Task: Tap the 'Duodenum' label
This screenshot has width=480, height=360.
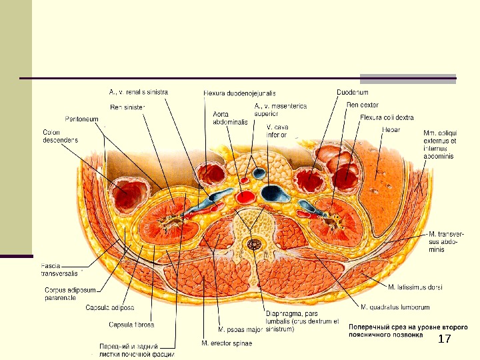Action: pos(352,91)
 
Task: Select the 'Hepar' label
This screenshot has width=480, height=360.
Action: pos(391,129)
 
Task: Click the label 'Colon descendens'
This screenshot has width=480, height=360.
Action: pos(60,136)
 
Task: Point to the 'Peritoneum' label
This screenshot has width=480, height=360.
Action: pos(82,119)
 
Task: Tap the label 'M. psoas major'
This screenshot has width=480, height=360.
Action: pos(239,329)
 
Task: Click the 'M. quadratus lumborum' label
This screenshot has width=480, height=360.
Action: pos(395,307)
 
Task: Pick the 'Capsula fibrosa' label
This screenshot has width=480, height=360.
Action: pos(131,325)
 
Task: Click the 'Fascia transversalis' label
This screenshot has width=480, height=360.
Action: pos(59,268)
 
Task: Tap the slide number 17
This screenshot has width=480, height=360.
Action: pos(444,340)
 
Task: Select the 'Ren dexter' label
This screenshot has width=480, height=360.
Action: pos(363,104)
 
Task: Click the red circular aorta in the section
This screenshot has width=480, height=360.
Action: pos(246,196)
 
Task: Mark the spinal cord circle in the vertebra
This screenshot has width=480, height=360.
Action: pos(253,245)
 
